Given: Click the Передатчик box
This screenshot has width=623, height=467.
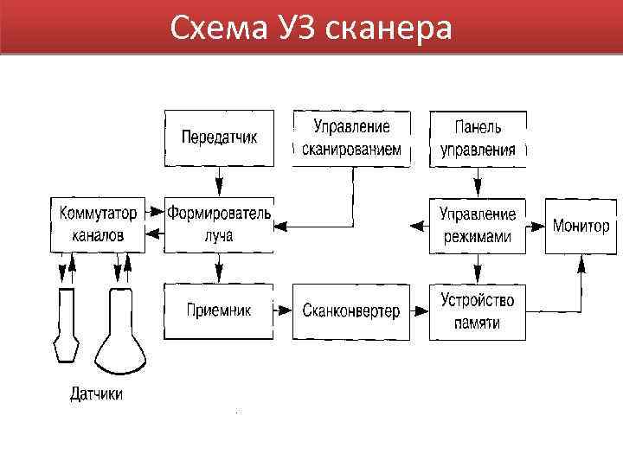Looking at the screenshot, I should coord(219,138).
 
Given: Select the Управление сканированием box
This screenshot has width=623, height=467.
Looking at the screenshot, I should coord(351,138).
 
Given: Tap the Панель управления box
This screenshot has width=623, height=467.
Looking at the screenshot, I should coord(478,138).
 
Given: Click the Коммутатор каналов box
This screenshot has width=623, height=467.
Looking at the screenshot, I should coord(98,224).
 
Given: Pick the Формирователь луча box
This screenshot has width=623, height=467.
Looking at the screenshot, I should coord(219,224).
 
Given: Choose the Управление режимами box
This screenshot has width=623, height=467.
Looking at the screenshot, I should coord(478,225).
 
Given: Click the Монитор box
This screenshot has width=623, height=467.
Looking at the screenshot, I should coord(581,225).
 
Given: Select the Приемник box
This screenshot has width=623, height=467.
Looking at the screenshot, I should coord(219,311).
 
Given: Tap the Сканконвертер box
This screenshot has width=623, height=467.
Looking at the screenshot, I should coord(351,311).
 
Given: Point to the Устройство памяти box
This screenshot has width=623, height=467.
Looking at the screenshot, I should coord(478,311).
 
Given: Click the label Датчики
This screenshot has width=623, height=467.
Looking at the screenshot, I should coord(96,395).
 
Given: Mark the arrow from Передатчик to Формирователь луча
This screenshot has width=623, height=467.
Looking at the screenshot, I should coord(219,182).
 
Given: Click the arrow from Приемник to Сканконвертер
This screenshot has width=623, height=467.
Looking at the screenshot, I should coord(283,309).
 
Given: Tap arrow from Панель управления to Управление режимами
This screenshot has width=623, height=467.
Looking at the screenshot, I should coord(478,182).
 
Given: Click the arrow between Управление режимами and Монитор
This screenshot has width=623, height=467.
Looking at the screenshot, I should coord(535,226).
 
